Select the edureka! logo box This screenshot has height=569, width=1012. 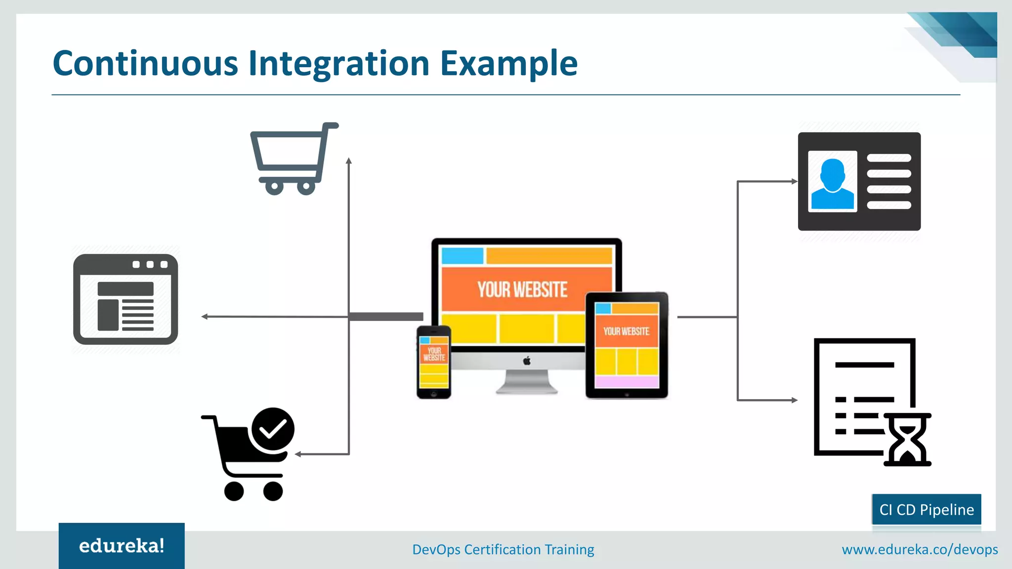click(x=122, y=546)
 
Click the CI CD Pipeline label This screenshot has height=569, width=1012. click(x=927, y=509)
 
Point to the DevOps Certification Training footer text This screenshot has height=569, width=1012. click(x=503, y=549)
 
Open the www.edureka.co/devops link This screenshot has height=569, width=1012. click(x=920, y=549)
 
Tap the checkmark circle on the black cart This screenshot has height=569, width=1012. click(x=273, y=429)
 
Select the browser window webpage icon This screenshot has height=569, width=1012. click(x=126, y=299)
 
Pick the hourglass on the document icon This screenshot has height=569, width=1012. click(x=907, y=440)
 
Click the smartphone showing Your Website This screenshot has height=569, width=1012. click(x=434, y=362)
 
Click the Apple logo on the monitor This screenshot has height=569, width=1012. click(x=527, y=361)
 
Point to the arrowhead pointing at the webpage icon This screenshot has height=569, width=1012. click(x=204, y=317)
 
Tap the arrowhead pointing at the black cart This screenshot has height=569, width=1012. click(x=298, y=454)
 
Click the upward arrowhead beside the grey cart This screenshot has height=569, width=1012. click(x=349, y=161)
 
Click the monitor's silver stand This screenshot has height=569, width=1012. click(x=527, y=383)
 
